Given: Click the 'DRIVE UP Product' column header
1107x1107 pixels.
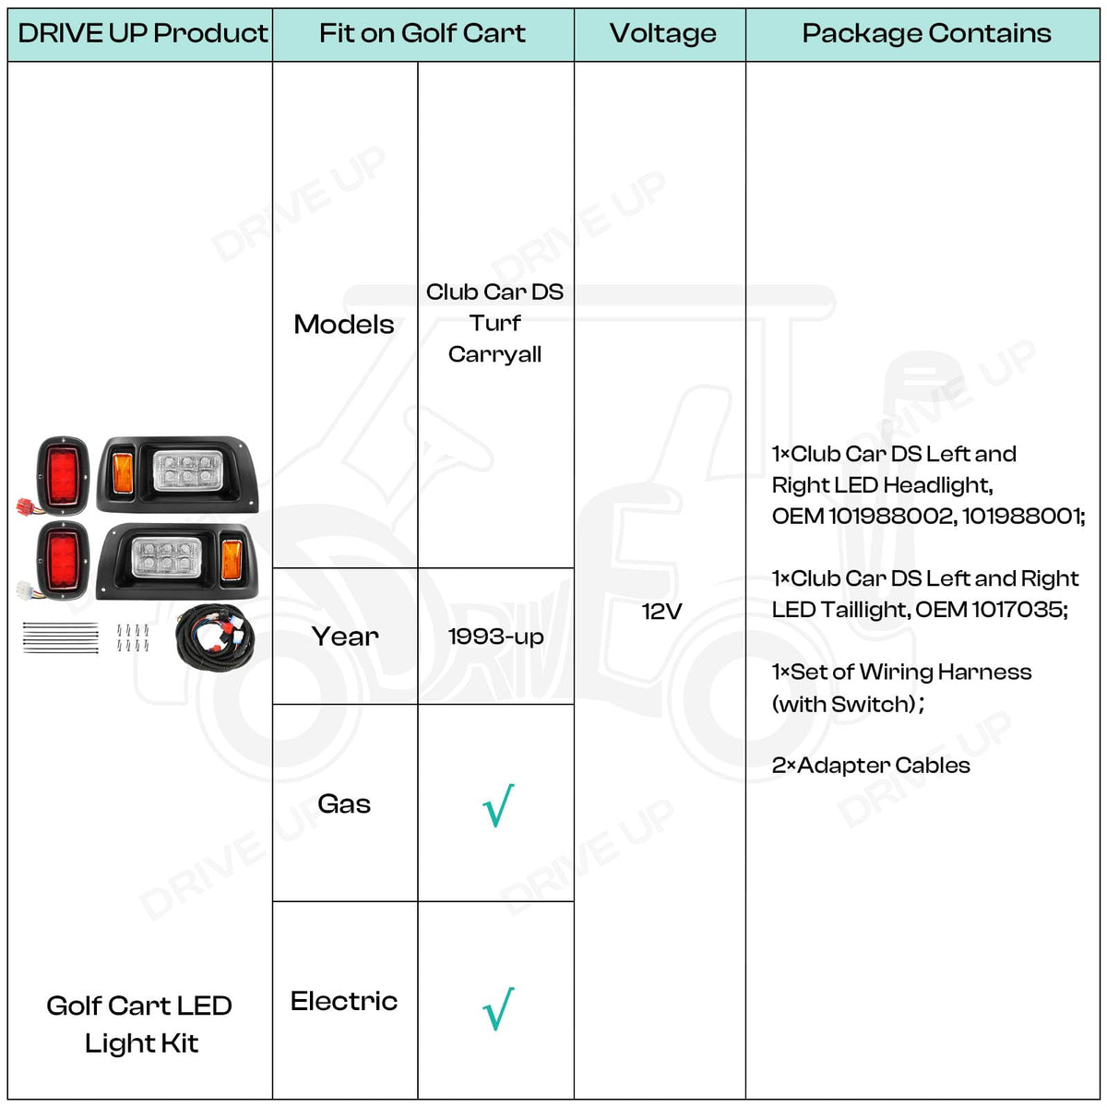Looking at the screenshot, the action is point(142,33).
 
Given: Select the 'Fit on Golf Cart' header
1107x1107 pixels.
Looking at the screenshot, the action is point(423,33).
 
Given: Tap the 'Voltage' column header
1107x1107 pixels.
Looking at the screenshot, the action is point(662,33).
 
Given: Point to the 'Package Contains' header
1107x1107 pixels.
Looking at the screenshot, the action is point(926,33).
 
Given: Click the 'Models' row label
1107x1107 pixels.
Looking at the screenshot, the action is point(343,325).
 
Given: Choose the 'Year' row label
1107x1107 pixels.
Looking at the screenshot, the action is point(345,637).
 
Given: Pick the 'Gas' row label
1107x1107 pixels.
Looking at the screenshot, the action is point(344,803).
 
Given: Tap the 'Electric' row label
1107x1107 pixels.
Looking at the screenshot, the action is point(343,1001).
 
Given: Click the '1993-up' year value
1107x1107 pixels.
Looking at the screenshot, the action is point(495,637).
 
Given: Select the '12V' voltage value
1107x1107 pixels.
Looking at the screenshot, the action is point(661,612).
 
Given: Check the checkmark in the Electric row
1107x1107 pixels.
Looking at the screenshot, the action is point(498,1009).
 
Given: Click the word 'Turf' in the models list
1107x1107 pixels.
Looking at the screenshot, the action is point(494,323).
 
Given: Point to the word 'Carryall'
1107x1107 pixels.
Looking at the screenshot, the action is point(494,355).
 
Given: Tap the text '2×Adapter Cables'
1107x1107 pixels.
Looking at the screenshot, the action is point(870,765).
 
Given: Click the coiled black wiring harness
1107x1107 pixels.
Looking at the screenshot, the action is point(215,637).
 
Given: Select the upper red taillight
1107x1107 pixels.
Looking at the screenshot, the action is point(63,476).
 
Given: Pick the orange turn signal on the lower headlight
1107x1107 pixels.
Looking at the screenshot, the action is point(231,560).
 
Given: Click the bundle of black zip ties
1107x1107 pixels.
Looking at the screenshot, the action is point(60,637).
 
